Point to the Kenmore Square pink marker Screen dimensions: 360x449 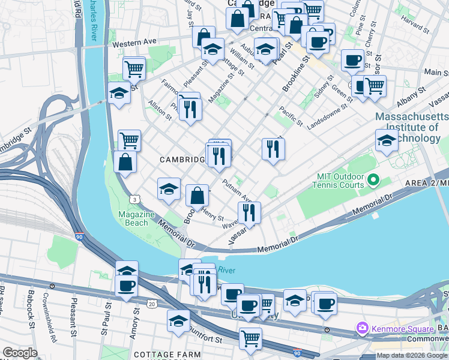(x=362, y=329)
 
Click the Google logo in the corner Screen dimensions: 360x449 (x=20, y=353)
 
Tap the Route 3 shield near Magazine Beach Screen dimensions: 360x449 (x=133, y=199)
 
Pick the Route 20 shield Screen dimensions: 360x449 (x=152, y=304)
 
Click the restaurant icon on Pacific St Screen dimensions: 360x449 (x=273, y=148)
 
